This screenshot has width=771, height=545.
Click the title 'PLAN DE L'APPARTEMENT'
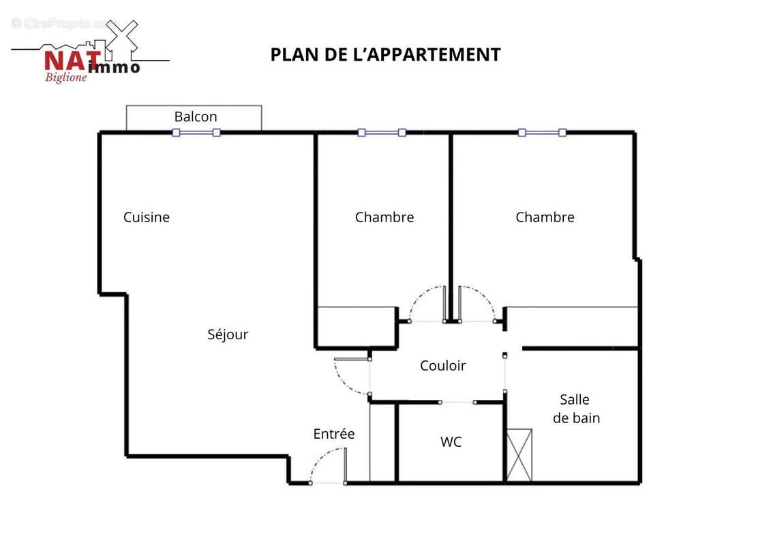385,54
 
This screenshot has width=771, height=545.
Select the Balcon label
196,116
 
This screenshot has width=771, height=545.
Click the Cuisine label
147,217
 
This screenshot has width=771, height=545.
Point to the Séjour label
228,334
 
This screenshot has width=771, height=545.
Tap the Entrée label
334,434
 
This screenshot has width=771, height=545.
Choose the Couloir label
442,366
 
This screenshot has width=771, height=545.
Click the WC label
451,442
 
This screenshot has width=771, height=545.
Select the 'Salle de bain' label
576,409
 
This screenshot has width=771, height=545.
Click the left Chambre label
384,217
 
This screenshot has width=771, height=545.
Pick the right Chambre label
545,217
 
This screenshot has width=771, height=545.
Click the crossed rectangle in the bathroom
519,455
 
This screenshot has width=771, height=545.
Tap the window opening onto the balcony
196,133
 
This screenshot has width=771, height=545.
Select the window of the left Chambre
382,133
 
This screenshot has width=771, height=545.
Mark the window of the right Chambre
542,133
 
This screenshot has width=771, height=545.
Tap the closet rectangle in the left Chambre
357,328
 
